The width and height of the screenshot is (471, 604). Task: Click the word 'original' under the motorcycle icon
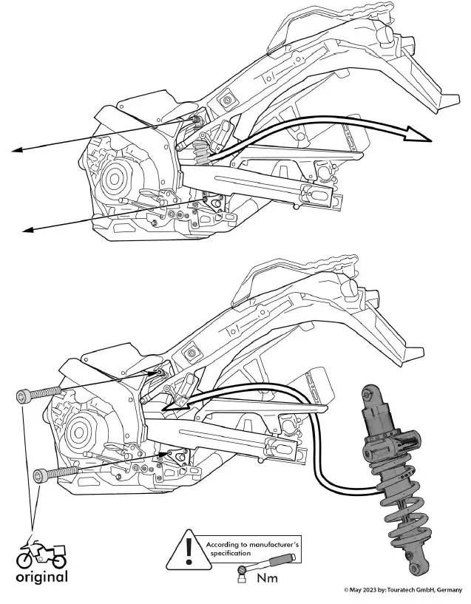coord(41,577)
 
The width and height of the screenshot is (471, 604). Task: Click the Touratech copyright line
coord(402,590)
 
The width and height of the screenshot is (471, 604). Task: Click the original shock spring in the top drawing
coord(201,155)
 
